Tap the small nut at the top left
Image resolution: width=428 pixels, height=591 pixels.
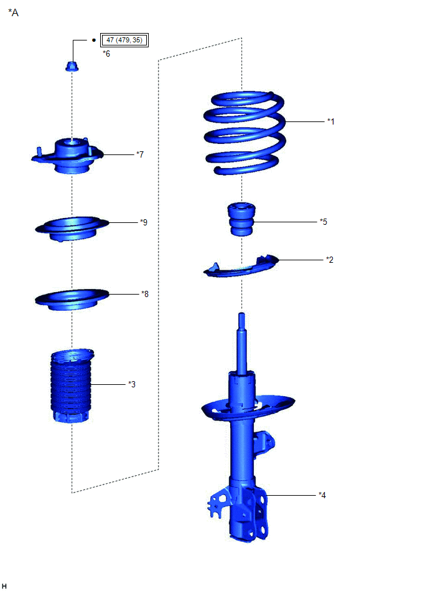[x=71, y=67]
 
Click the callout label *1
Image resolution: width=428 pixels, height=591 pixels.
[x=330, y=121]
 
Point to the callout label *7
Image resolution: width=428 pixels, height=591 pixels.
[x=140, y=154]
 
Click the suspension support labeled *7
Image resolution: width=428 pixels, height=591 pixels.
[x=67, y=156]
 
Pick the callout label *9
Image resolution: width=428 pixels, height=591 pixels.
[x=144, y=222]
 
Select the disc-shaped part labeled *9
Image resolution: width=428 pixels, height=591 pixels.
[x=72, y=228]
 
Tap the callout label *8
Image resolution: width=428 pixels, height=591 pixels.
[x=145, y=294]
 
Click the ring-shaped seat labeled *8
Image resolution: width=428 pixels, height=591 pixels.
[x=72, y=300]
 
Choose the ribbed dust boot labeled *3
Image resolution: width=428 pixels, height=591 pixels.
[x=71, y=385]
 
